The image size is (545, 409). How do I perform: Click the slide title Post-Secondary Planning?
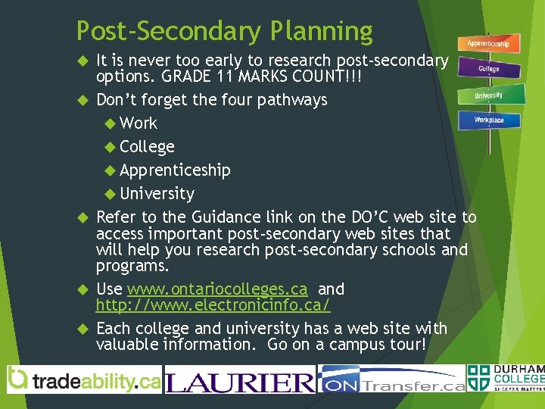point(224,31)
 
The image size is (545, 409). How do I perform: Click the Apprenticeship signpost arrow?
point(488,44)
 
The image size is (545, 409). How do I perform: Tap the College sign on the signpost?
point(488,69)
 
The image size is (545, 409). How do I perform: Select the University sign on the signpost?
point(488,95)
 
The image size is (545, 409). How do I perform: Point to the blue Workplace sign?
point(488,120)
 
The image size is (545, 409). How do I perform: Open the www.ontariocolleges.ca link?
point(217,289)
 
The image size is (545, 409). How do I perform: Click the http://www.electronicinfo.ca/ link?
point(213,304)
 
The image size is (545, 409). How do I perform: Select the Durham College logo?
point(506,379)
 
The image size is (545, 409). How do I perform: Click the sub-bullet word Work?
point(139,123)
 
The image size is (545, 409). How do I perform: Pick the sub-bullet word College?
point(147,146)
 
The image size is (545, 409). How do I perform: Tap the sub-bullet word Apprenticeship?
point(175,170)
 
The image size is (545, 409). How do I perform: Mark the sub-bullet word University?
point(157,193)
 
